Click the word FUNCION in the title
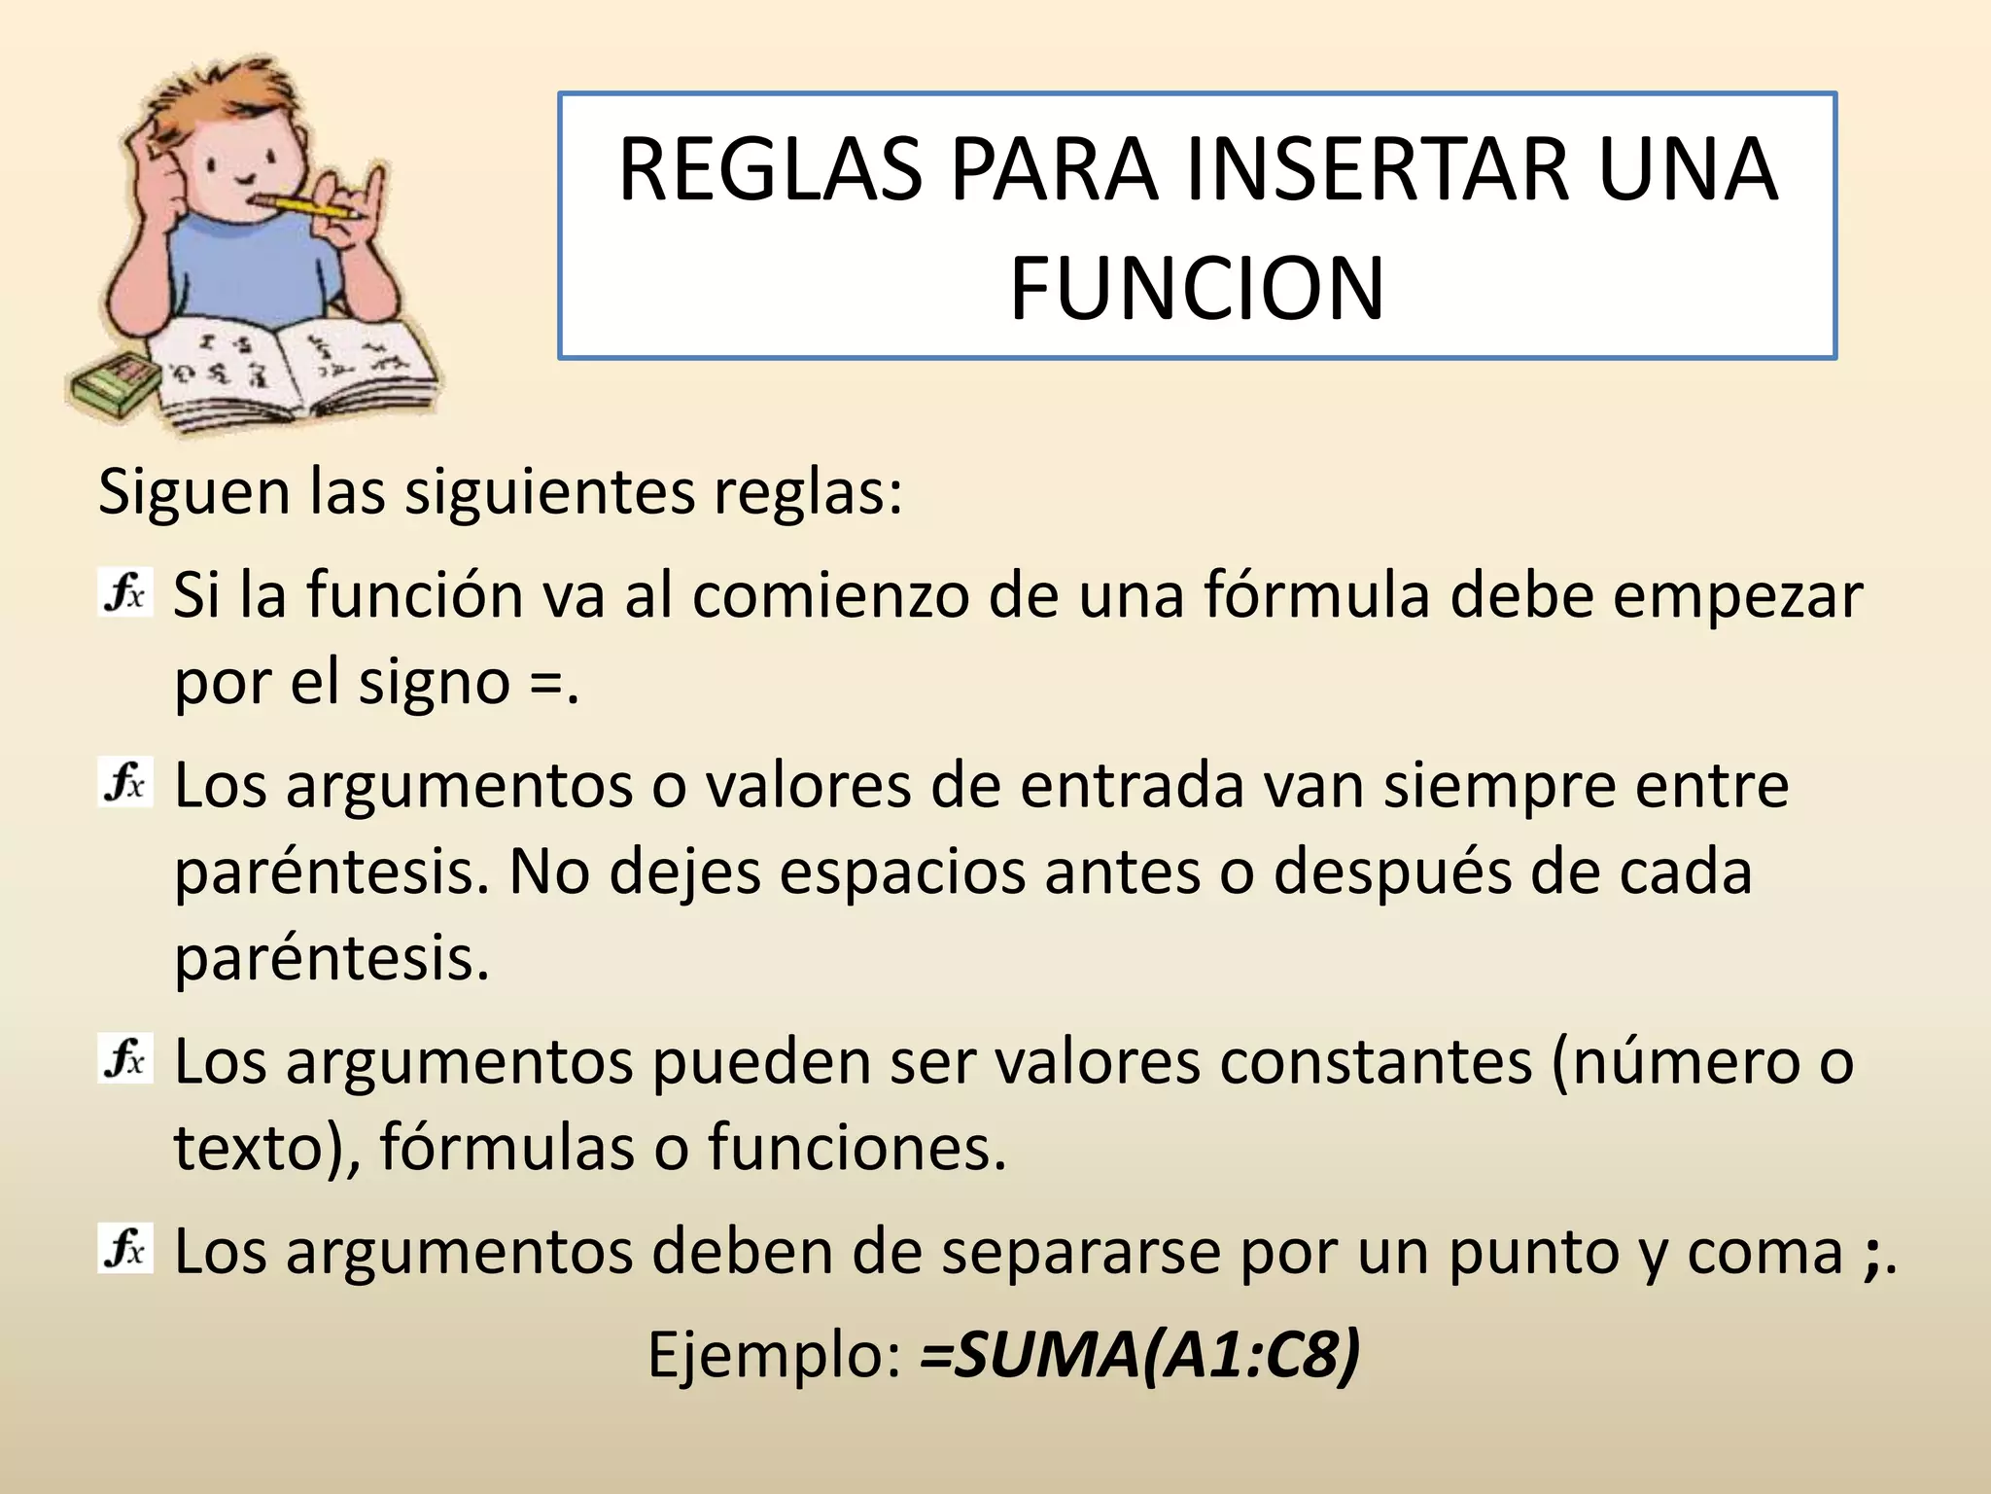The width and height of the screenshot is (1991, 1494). [x=1197, y=289]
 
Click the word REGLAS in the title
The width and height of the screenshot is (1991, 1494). [x=770, y=171]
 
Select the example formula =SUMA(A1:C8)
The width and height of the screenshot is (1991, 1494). [x=1139, y=1354]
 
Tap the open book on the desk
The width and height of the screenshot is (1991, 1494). [x=292, y=371]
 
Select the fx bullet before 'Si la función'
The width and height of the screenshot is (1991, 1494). [x=125, y=593]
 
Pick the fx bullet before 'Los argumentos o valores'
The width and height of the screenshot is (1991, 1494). [x=125, y=783]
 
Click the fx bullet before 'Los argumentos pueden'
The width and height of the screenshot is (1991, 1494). [x=125, y=1059]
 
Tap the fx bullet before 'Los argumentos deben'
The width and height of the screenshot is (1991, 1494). [x=125, y=1249]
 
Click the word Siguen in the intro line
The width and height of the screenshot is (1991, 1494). [x=194, y=493]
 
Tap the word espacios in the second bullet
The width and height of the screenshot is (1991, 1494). [x=902, y=872]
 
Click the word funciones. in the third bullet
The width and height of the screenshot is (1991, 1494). [x=856, y=1148]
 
